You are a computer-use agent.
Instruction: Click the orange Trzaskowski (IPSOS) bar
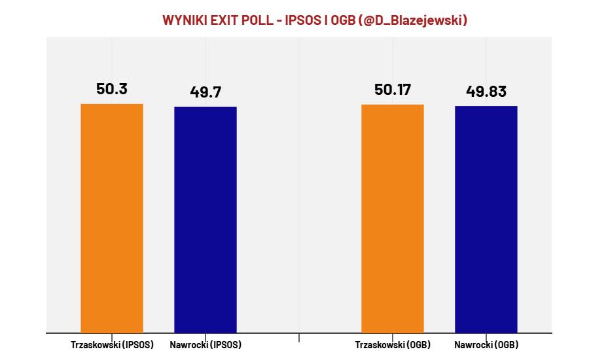[112, 218]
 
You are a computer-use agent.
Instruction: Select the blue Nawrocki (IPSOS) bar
[205, 219]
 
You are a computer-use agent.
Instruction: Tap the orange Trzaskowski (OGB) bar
[393, 218]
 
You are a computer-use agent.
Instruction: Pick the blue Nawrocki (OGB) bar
[486, 219]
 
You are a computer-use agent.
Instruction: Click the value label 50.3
[112, 90]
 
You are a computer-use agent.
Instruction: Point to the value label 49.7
[205, 92]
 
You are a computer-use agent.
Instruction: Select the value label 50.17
[393, 90]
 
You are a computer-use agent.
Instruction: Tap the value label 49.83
[486, 92]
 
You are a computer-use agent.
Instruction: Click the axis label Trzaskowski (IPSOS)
[112, 345]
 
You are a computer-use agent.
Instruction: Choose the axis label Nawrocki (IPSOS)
[205, 345]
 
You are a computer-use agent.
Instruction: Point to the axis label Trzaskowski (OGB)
[393, 345]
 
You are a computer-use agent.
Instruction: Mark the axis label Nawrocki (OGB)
[486, 345]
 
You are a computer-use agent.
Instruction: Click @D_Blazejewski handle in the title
[414, 21]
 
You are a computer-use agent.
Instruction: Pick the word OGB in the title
[344, 21]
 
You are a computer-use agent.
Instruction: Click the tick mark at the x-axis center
[299, 338]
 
